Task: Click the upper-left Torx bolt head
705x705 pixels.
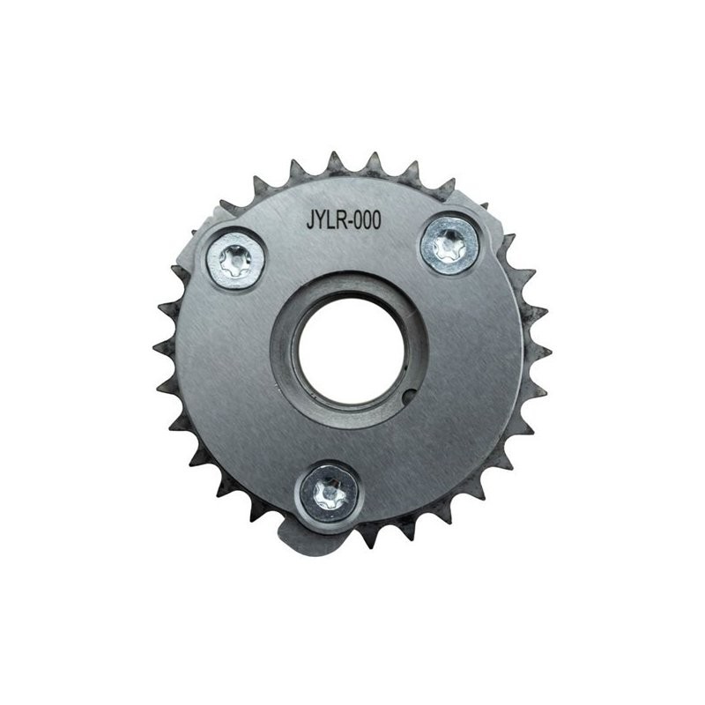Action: [x=234, y=262]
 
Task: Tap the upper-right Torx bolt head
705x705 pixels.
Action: [x=449, y=245]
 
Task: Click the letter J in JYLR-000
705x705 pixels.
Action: [x=310, y=221]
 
